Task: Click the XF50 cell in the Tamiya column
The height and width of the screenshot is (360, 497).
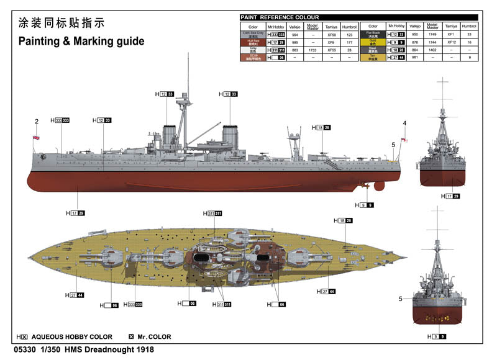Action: tap(331, 35)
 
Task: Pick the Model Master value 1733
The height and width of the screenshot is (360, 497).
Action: tap(312, 50)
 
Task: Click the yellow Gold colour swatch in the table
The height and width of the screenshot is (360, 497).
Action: tap(373, 42)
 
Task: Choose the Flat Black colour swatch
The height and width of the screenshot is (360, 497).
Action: tap(373, 35)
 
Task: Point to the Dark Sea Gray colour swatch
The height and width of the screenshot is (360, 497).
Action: tap(253, 35)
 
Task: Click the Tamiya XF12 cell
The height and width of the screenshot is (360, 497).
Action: tap(452, 42)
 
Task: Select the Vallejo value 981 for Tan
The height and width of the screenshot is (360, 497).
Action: tap(414, 57)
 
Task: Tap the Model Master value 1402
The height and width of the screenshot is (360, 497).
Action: tap(433, 50)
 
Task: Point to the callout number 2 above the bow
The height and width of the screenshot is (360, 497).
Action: tap(37, 122)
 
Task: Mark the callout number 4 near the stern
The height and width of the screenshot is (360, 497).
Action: tap(404, 124)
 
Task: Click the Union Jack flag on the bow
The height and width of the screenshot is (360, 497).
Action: tap(35, 138)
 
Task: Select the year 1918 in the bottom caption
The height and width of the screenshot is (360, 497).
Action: tap(143, 349)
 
